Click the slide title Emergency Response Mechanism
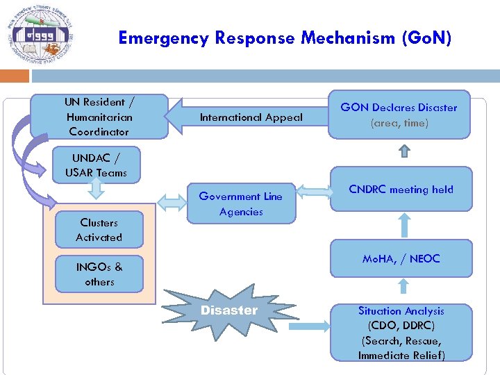[x=285, y=37]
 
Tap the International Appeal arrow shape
[x=250, y=117]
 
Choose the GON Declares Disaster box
[x=399, y=115]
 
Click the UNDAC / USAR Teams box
[x=96, y=165]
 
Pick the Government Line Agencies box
[x=241, y=203]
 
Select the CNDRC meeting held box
[x=401, y=190]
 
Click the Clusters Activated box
[x=99, y=230]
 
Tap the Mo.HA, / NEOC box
[x=401, y=258]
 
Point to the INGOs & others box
[x=99, y=274]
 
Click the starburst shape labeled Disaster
[x=228, y=310]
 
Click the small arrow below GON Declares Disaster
[x=405, y=151]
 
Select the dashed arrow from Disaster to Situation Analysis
[x=308, y=325]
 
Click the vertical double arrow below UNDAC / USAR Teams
[x=97, y=197]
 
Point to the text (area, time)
[x=399, y=123]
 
